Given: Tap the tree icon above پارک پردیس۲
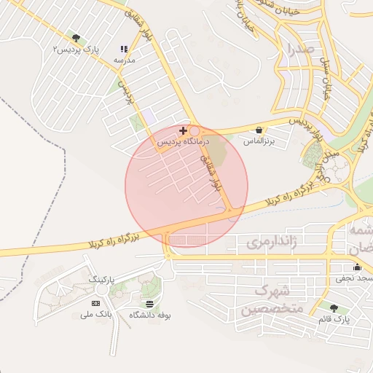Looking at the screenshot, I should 76,38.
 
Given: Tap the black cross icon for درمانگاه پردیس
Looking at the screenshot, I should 183,130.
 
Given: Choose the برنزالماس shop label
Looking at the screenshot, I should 259,140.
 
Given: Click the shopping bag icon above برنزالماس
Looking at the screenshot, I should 259,129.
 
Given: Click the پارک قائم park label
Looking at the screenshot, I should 334,320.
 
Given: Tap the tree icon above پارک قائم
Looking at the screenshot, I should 334,309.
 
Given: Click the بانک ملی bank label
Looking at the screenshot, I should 95,314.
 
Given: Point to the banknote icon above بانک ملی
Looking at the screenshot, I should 95,303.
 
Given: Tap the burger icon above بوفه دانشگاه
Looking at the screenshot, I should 149,304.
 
